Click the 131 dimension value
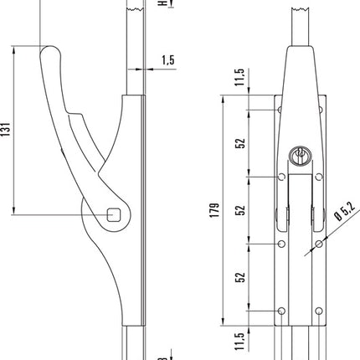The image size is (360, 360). point(8,129)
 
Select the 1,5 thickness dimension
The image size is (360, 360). point(168,61)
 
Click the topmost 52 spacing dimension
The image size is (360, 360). point(240,142)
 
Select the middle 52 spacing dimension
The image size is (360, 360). point(240,209)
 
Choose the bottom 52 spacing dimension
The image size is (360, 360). point(240,276)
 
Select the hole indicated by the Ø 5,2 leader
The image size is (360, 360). point(319,244)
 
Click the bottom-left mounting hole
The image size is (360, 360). point(280,312)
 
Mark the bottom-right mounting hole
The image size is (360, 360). point(319,312)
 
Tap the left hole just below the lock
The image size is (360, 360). point(280,177)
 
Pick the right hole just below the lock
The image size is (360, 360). point(319,177)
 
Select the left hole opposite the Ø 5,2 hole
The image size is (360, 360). point(280,244)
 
